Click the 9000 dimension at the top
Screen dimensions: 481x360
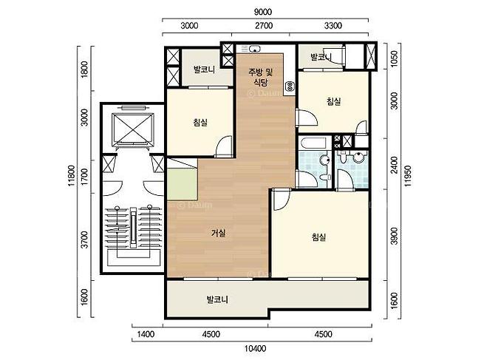click(263, 12)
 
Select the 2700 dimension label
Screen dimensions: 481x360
click(264, 25)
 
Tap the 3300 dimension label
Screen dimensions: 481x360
click(333, 25)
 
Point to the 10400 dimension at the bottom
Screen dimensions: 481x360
click(255, 349)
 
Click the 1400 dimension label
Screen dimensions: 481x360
click(146, 334)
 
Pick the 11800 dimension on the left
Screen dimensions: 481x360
click(72, 175)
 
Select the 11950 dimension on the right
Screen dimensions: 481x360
click(408, 176)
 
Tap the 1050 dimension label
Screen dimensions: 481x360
click(395, 58)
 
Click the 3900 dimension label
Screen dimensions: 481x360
click(395, 236)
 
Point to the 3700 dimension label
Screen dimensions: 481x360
click(85, 240)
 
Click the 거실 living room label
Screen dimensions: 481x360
click(219, 234)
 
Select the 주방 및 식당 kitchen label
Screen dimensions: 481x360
click(260, 77)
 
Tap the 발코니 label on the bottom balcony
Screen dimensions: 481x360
click(217, 299)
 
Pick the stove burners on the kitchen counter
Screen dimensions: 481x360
click(289, 86)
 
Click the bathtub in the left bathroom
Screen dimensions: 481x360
click(313, 143)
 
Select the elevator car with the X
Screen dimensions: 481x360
click(133, 129)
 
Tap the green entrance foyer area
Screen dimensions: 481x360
click(182, 183)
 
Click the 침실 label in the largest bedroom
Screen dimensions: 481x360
click(318, 237)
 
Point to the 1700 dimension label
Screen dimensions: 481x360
click(85, 177)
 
